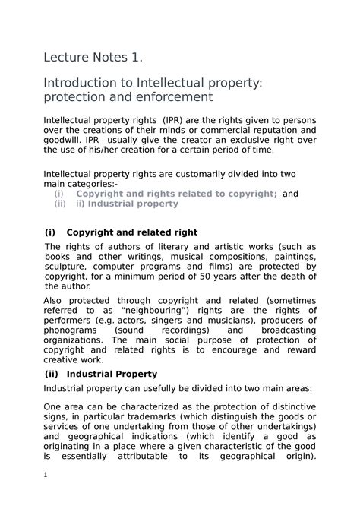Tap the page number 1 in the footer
coord(46,498)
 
